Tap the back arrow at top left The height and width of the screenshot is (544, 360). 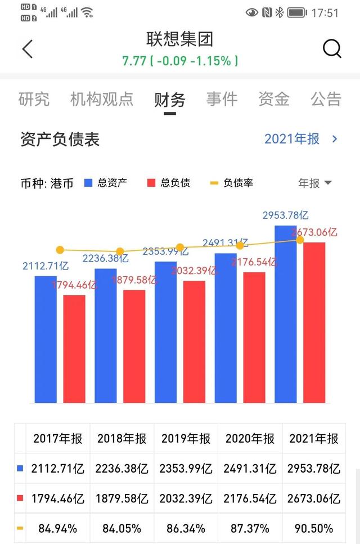[x=28, y=49]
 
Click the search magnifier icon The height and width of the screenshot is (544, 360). [x=332, y=49]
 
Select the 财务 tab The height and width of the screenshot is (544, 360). [x=170, y=100]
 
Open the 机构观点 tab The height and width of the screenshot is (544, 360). [x=102, y=100]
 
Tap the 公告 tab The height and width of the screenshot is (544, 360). [x=326, y=100]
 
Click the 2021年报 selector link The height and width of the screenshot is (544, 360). [x=300, y=139]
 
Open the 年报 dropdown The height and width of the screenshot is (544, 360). [x=314, y=183]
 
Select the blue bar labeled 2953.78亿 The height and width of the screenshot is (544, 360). [x=285, y=315]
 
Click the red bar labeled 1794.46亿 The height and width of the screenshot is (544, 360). [x=74, y=349]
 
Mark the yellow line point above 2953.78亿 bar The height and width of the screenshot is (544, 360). [x=300, y=240]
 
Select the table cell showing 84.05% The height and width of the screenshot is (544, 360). [x=122, y=528]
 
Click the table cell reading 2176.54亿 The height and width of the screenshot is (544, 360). [x=250, y=498]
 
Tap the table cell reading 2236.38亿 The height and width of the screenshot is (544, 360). [x=122, y=468]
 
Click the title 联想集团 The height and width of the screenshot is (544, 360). [x=180, y=39]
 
